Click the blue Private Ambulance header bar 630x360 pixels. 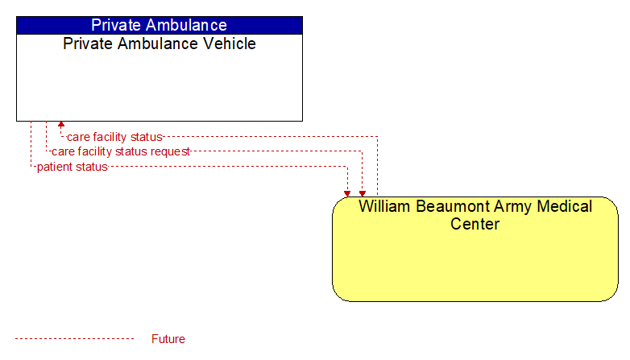[160, 25]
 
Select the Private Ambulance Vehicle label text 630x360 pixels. [160, 43]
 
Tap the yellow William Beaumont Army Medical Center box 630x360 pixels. [475, 249]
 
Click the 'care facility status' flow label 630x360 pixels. [114, 137]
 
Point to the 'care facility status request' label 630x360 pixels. [121, 151]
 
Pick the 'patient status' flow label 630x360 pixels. [73, 167]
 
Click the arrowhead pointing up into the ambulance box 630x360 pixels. [61, 125]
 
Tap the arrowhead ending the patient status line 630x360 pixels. [347, 194]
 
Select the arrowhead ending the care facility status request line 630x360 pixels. [363, 194]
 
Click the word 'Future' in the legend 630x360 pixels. [168, 339]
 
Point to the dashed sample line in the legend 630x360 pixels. [74, 339]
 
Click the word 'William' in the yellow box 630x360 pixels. [384, 206]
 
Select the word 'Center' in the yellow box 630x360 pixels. [475, 224]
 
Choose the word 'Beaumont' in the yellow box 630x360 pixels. [453, 206]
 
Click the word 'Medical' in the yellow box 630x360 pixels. [565, 206]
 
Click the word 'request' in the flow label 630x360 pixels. [170, 152]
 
